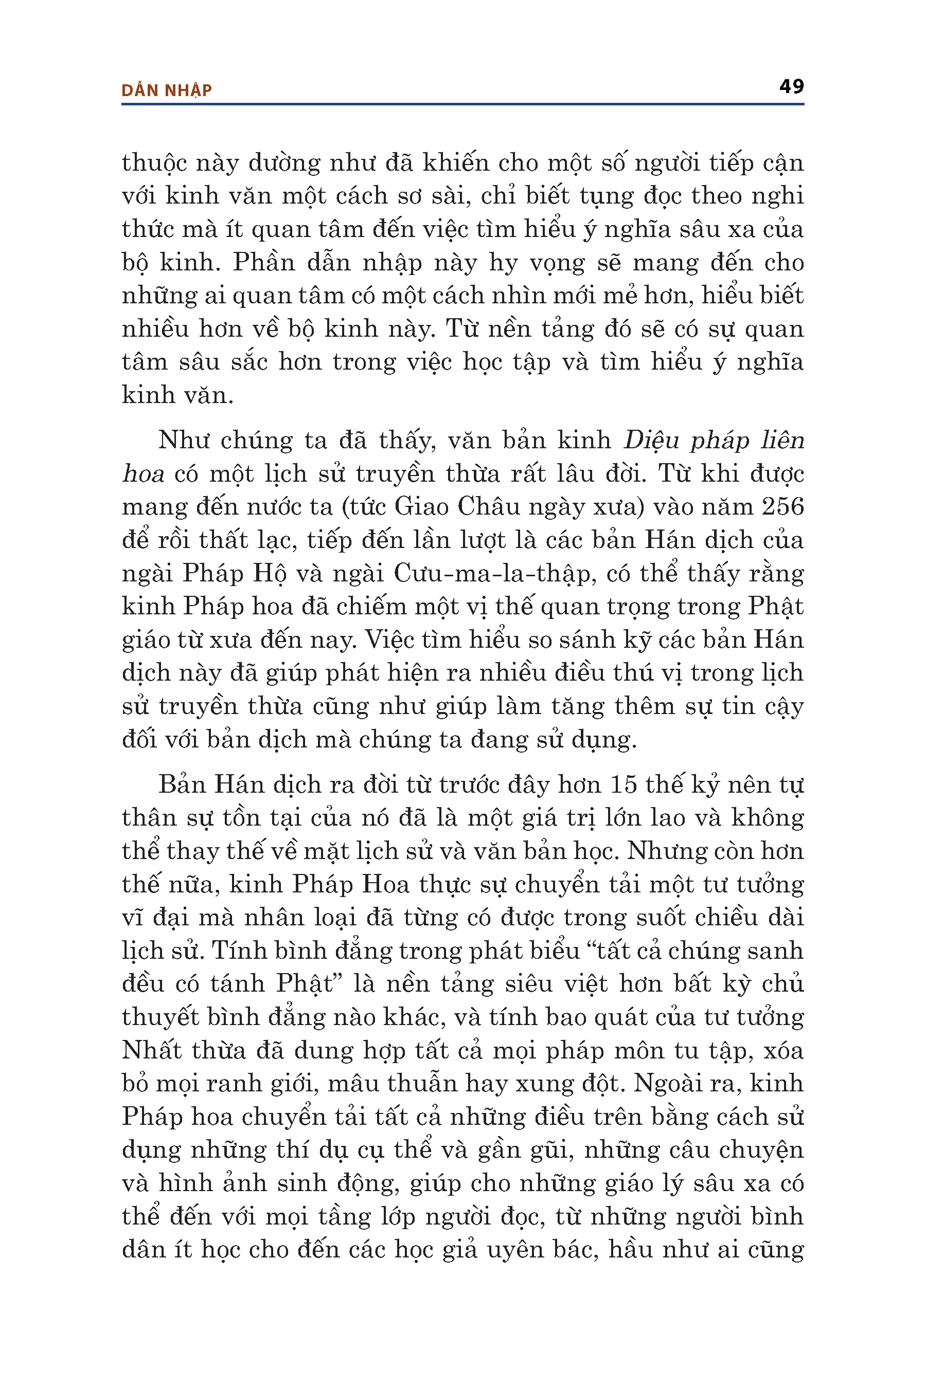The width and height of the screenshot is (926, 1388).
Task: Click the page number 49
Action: [x=791, y=87]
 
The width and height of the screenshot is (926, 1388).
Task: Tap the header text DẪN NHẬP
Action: [x=167, y=90]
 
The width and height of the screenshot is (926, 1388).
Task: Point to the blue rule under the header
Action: [x=462, y=104]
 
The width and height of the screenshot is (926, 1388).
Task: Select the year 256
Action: [x=782, y=507]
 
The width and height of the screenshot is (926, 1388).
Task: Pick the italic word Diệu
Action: [x=651, y=440]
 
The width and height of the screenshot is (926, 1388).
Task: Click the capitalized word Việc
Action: [x=390, y=640]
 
